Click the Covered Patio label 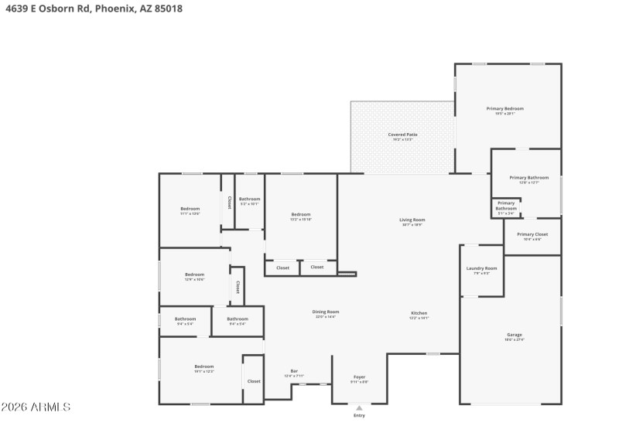(x=402, y=135)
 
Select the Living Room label (x=412, y=220)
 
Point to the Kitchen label (x=419, y=313)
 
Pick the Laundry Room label (x=481, y=268)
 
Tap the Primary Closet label (x=532, y=234)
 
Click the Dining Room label (x=326, y=312)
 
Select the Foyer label (x=359, y=377)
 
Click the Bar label (x=294, y=371)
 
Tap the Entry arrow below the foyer (x=359, y=407)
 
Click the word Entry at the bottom (x=359, y=416)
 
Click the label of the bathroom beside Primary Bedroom (x=528, y=178)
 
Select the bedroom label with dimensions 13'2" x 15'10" (x=300, y=214)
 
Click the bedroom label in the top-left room (x=190, y=209)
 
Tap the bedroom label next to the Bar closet (x=203, y=366)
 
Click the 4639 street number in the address (x=15, y=9)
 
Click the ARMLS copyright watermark (x=36, y=407)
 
